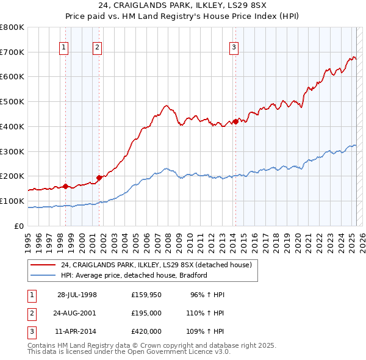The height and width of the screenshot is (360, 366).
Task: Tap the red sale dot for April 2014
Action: coord(235,121)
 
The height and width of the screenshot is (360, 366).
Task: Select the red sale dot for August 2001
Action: coord(98,178)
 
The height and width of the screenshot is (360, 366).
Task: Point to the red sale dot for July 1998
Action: coord(65,186)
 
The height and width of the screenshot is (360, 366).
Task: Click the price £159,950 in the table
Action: coord(146,295)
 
